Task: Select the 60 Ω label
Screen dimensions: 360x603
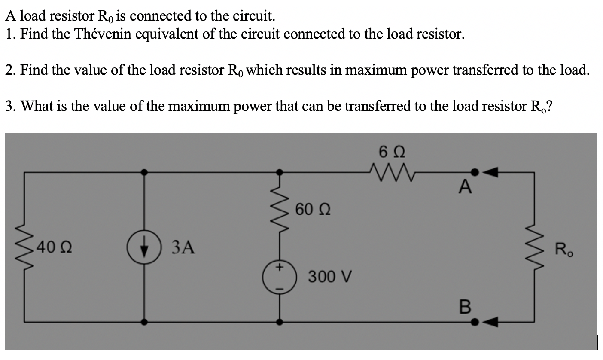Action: tap(313, 210)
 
